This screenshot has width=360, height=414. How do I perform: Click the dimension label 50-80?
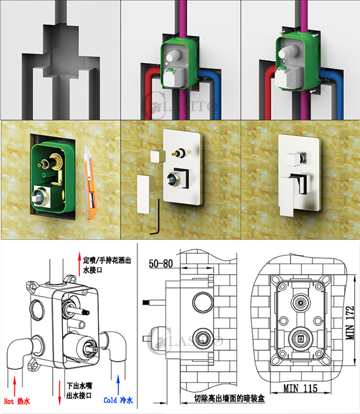(161, 264)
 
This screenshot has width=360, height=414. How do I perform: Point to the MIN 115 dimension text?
(300, 388)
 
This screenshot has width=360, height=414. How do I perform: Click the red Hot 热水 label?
(17, 401)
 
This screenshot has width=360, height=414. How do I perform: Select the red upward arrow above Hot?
(15, 383)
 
